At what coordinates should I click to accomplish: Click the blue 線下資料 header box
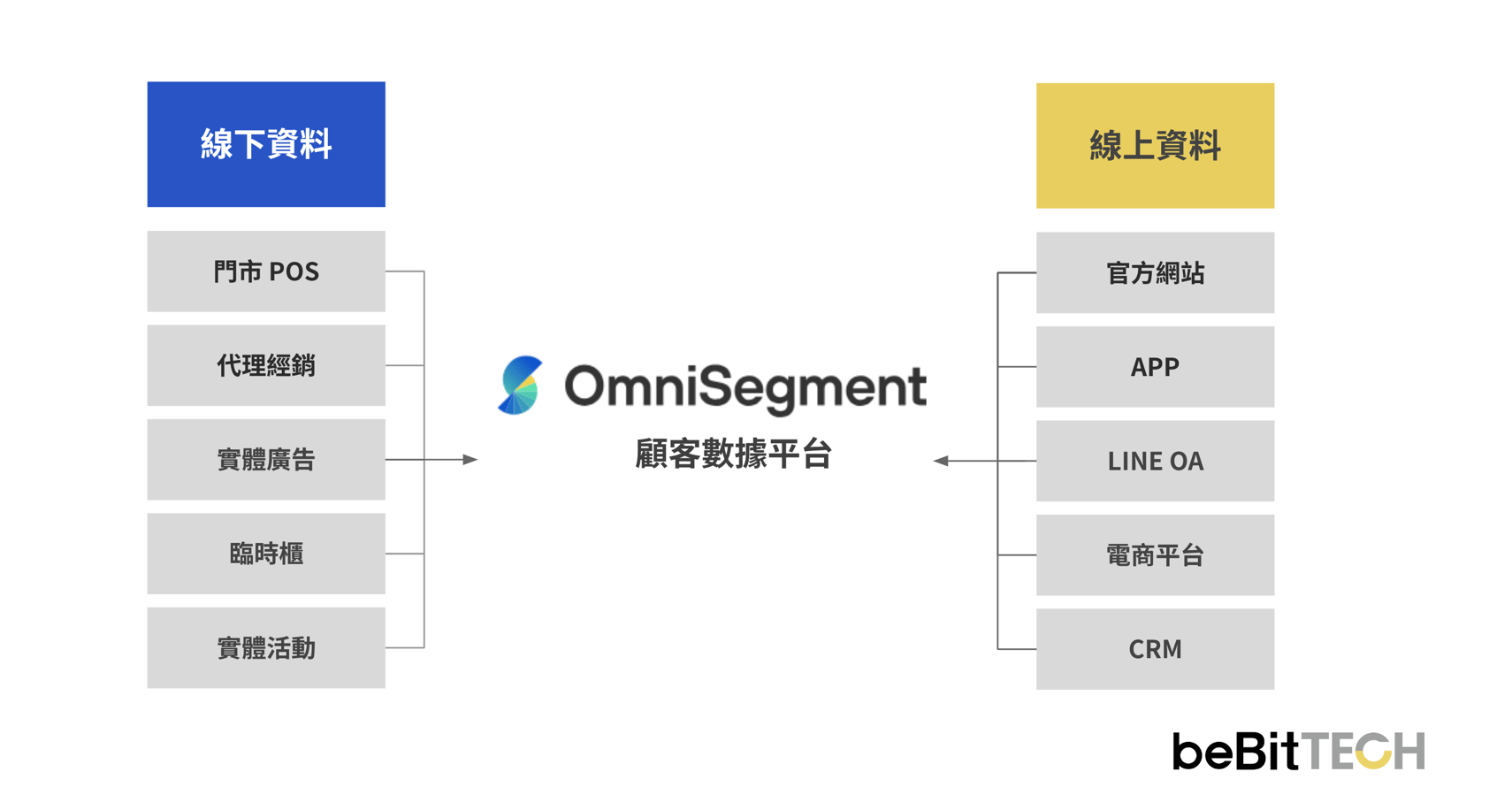coord(266,144)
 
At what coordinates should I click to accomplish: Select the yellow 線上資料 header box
coord(1155,146)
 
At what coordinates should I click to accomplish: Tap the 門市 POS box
coord(266,271)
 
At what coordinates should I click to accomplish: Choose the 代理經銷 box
coord(266,365)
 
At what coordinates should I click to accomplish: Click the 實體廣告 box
coord(266,460)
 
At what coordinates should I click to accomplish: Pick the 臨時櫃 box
coord(266,554)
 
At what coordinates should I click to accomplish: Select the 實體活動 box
coord(266,648)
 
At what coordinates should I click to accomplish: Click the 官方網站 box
coord(1155,273)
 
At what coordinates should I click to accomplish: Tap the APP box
coord(1155,367)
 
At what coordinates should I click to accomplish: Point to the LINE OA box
coord(1155,461)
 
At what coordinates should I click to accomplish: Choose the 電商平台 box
coord(1155,555)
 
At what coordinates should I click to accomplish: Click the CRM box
coord(1155,649)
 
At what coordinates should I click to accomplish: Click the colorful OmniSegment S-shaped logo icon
coord(520,386)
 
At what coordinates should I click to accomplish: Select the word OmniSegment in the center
coord(745,387)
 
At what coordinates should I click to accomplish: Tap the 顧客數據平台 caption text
coord(733,455)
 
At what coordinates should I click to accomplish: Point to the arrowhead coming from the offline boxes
coord(470,460)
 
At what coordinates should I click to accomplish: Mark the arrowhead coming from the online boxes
coord(941,461)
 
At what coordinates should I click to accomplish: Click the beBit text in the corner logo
coord(1235,752)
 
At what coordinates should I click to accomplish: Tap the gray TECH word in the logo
coord(1364,752)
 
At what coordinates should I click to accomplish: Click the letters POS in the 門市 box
coord(294,271)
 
